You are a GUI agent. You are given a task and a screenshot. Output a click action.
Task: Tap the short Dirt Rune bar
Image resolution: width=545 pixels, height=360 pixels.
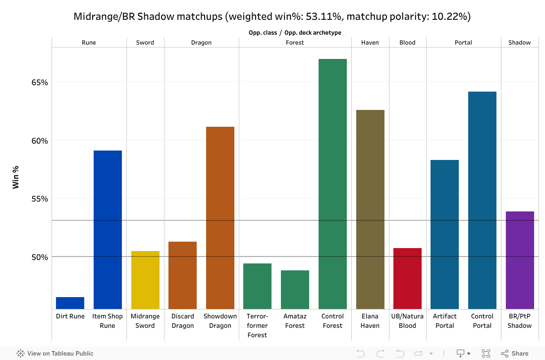(x=70, y=303)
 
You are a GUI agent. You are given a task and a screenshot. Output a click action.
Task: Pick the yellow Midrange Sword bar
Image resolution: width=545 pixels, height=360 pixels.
(x=145, y=280)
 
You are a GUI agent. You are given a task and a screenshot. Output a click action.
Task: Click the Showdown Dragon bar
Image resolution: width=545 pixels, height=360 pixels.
(x=220, y=218)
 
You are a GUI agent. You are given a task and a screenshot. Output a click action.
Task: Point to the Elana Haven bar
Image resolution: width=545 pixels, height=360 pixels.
(x=370, y=209)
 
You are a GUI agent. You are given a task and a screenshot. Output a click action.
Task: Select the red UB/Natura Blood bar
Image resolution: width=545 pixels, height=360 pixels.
(x=407, y=278)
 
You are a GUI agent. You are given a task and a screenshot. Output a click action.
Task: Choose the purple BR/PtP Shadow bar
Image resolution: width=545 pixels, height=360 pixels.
(x=520, y=260)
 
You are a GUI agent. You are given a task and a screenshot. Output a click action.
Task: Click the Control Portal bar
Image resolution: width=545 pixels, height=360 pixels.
(x=482, y=200)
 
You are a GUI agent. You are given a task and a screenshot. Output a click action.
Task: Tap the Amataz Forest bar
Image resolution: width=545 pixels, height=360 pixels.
(x=295, y=290)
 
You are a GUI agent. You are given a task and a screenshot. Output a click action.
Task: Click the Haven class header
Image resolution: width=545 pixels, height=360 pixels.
(x=370, y=43)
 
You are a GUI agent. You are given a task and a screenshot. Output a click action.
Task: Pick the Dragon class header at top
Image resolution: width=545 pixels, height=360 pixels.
(x=201, y=43)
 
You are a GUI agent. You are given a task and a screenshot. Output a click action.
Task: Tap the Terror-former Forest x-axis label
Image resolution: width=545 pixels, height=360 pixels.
(x=257, y=325)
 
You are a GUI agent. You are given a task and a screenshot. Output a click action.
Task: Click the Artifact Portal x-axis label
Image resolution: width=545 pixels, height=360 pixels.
(x=444, y=321)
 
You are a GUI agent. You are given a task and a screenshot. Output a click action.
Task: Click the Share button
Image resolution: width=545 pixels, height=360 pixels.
(x=515, y=354)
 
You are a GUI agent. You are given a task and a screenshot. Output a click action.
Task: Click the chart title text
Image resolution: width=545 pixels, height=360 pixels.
(x=272, y=16)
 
